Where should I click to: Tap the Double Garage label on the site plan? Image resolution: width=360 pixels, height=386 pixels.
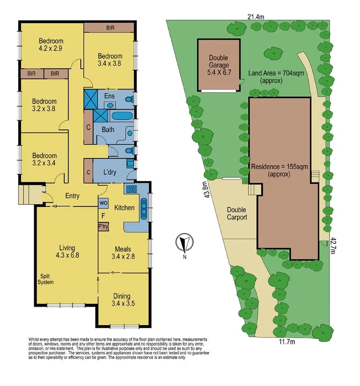(218, 65)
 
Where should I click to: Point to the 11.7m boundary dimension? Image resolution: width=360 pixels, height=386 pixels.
(286, 342)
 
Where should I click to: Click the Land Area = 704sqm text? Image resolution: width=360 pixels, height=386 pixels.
(276, 76)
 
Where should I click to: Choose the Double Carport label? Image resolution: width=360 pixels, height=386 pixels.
(237, 214)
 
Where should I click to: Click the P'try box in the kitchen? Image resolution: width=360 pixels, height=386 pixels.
(103, 226)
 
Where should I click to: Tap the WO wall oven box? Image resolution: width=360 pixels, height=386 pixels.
(103, 202)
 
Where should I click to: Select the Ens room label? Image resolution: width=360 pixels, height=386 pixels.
(109, 96)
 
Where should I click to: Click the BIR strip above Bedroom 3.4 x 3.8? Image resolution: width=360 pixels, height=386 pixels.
(110, 28)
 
